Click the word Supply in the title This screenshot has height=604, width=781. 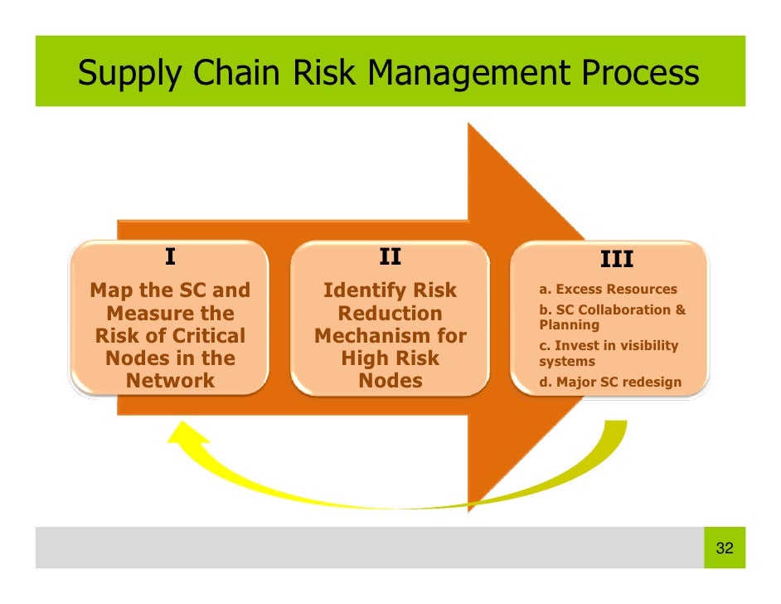coord(132,75)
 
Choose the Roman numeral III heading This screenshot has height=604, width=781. coord(617,261)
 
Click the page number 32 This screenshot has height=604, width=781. coord(724,548)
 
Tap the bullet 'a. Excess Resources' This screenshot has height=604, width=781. coord(608,290)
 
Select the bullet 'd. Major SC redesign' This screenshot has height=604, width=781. coord(609,382)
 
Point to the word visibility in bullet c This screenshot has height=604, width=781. coord(646,345)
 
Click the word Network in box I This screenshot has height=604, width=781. coord(170,381)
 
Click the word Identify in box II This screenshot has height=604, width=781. coord(357,291)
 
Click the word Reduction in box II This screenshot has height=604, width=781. coord(390,314)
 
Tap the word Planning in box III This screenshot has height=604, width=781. coord(569,325)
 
